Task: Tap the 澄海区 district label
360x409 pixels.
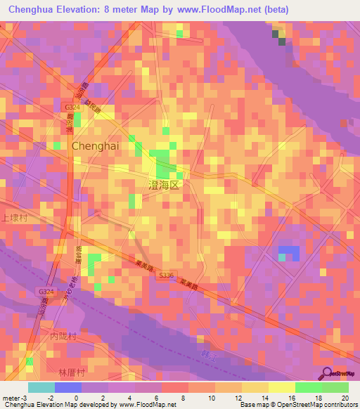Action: tap(165, 185)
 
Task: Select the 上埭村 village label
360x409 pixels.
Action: tap(13, 219)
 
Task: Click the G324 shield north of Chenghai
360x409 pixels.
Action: tap(70, 107)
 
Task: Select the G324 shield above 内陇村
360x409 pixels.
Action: tap(46, 291)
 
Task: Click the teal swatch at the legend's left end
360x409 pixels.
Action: tap(41, 387)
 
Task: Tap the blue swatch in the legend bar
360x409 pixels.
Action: tap(68, 387)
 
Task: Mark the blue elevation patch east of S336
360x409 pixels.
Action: tap(288, 252)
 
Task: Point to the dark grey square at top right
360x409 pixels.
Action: tap(282, 41)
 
